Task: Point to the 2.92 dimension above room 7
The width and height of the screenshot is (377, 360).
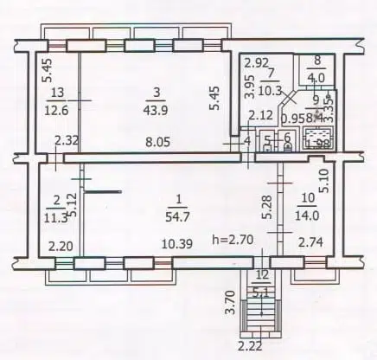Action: tap(254, 63)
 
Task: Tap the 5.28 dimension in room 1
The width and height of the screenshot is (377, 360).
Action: tap(266, 207)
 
